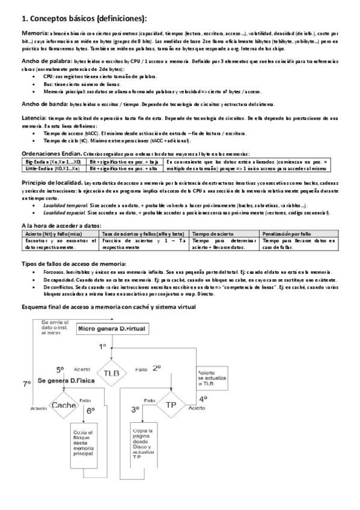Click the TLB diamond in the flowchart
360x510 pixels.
coord(112,373)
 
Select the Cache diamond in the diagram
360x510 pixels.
coord(64,405)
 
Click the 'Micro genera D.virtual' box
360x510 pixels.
coord(112,328)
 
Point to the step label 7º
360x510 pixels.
coord(26,383)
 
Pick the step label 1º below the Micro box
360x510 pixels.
coord(102,347)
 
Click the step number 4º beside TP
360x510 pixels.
coord(203,398)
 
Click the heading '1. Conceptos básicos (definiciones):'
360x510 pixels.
coord(75,19)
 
